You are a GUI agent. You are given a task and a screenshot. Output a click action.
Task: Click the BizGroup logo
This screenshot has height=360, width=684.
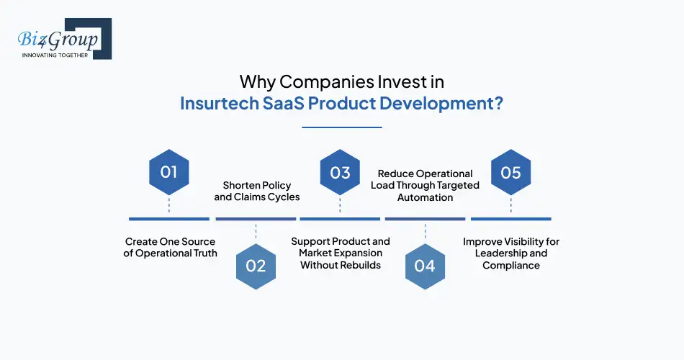(x=61, y=39)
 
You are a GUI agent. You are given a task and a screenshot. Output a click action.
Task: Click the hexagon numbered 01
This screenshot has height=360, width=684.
(x=169, y=173)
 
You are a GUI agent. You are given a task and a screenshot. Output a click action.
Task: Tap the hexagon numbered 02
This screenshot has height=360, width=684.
(x=256, y=266)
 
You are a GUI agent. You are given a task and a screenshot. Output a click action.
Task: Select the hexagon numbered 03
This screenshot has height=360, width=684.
(x=340, y=173)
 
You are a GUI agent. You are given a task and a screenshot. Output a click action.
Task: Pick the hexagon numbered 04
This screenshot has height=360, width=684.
(x=425, y=266)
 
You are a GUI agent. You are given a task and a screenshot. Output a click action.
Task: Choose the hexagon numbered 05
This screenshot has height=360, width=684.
(x=510, y=173)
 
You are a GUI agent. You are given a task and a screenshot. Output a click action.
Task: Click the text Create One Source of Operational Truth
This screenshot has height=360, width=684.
(x=170, y=247)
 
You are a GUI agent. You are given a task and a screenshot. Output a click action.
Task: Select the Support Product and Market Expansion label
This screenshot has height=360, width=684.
(x=341, y=253)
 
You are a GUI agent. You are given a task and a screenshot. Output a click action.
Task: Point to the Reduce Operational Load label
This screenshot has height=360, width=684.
(x=425, y=185)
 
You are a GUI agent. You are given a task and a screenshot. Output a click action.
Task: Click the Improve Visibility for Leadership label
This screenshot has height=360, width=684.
(x=511, y=253)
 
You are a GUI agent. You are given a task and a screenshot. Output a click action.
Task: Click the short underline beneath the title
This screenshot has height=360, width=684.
(x=341, y=127)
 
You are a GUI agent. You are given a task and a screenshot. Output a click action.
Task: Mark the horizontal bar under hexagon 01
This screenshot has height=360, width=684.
(x=169, y=219)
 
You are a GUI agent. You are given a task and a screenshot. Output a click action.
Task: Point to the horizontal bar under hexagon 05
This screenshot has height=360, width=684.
(x=510, y=219)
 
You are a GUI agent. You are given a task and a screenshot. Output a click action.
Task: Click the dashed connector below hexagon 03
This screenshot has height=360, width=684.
(x=340, y=205)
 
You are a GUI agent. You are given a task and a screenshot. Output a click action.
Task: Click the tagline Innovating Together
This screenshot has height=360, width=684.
(x=55, y=55)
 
